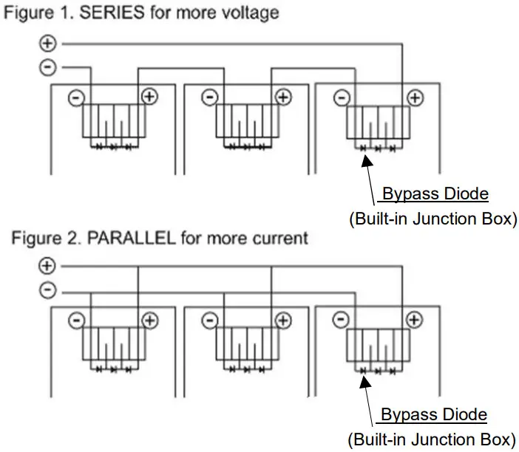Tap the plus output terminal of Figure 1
pos(47,44)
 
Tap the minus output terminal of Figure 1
pos(47,68)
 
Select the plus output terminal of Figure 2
pos(47,265)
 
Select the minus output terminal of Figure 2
pos(47,290)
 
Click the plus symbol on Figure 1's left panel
pos(150,97)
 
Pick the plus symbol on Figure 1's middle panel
pos(283,97)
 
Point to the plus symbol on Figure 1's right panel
pos(415,97)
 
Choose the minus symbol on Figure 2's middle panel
pos(209,321)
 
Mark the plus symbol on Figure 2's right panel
pos(415,321)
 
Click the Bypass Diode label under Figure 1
pos(435,194)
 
